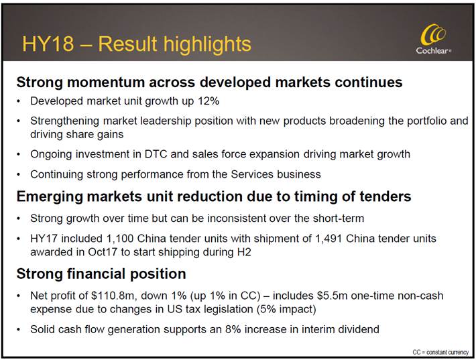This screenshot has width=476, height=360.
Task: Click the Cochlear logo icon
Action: pos(433,35)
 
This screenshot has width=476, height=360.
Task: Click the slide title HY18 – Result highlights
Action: pos(137,44)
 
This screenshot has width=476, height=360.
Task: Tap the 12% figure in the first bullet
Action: pos(209,101)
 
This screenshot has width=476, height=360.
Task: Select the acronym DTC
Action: pos(156,154)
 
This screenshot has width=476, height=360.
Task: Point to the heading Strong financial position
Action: pos(101,274)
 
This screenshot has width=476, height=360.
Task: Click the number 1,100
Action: pos(120,239)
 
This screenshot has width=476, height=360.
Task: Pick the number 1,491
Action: pos(329,239)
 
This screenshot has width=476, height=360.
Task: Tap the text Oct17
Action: pos(103,252)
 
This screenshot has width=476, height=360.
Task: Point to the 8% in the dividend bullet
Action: pos(233,329)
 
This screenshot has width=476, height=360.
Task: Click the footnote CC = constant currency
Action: pos(440,352)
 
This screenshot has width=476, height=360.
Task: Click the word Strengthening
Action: pos(65,121)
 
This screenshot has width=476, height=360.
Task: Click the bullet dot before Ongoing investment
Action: pos(19,155)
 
